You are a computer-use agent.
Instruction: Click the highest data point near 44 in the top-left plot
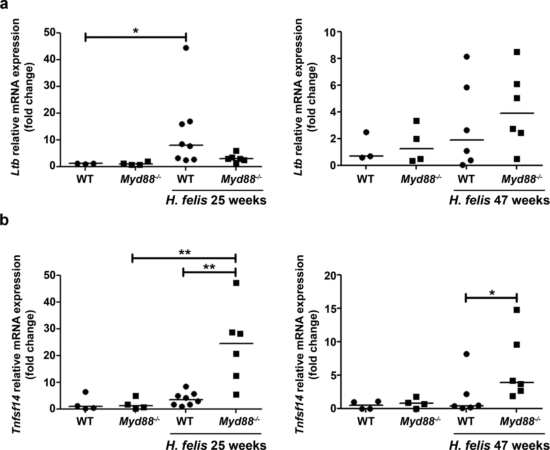point(186,48)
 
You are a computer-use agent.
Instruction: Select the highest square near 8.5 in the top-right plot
point(517,52)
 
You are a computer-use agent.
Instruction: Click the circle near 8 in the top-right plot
point(466,57)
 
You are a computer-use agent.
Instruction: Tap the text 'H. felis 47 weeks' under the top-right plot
point(499,200)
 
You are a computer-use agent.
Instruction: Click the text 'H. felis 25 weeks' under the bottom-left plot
point(216,444)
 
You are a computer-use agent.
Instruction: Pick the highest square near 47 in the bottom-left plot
point(236,283)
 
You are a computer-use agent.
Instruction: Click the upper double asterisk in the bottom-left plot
point(185,253)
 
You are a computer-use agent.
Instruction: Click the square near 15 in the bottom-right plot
point(517,310)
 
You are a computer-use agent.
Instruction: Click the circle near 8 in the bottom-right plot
point(466,354)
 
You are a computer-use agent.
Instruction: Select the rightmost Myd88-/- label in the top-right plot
point(521,179)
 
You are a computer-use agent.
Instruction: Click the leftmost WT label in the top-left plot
point(85,179)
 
